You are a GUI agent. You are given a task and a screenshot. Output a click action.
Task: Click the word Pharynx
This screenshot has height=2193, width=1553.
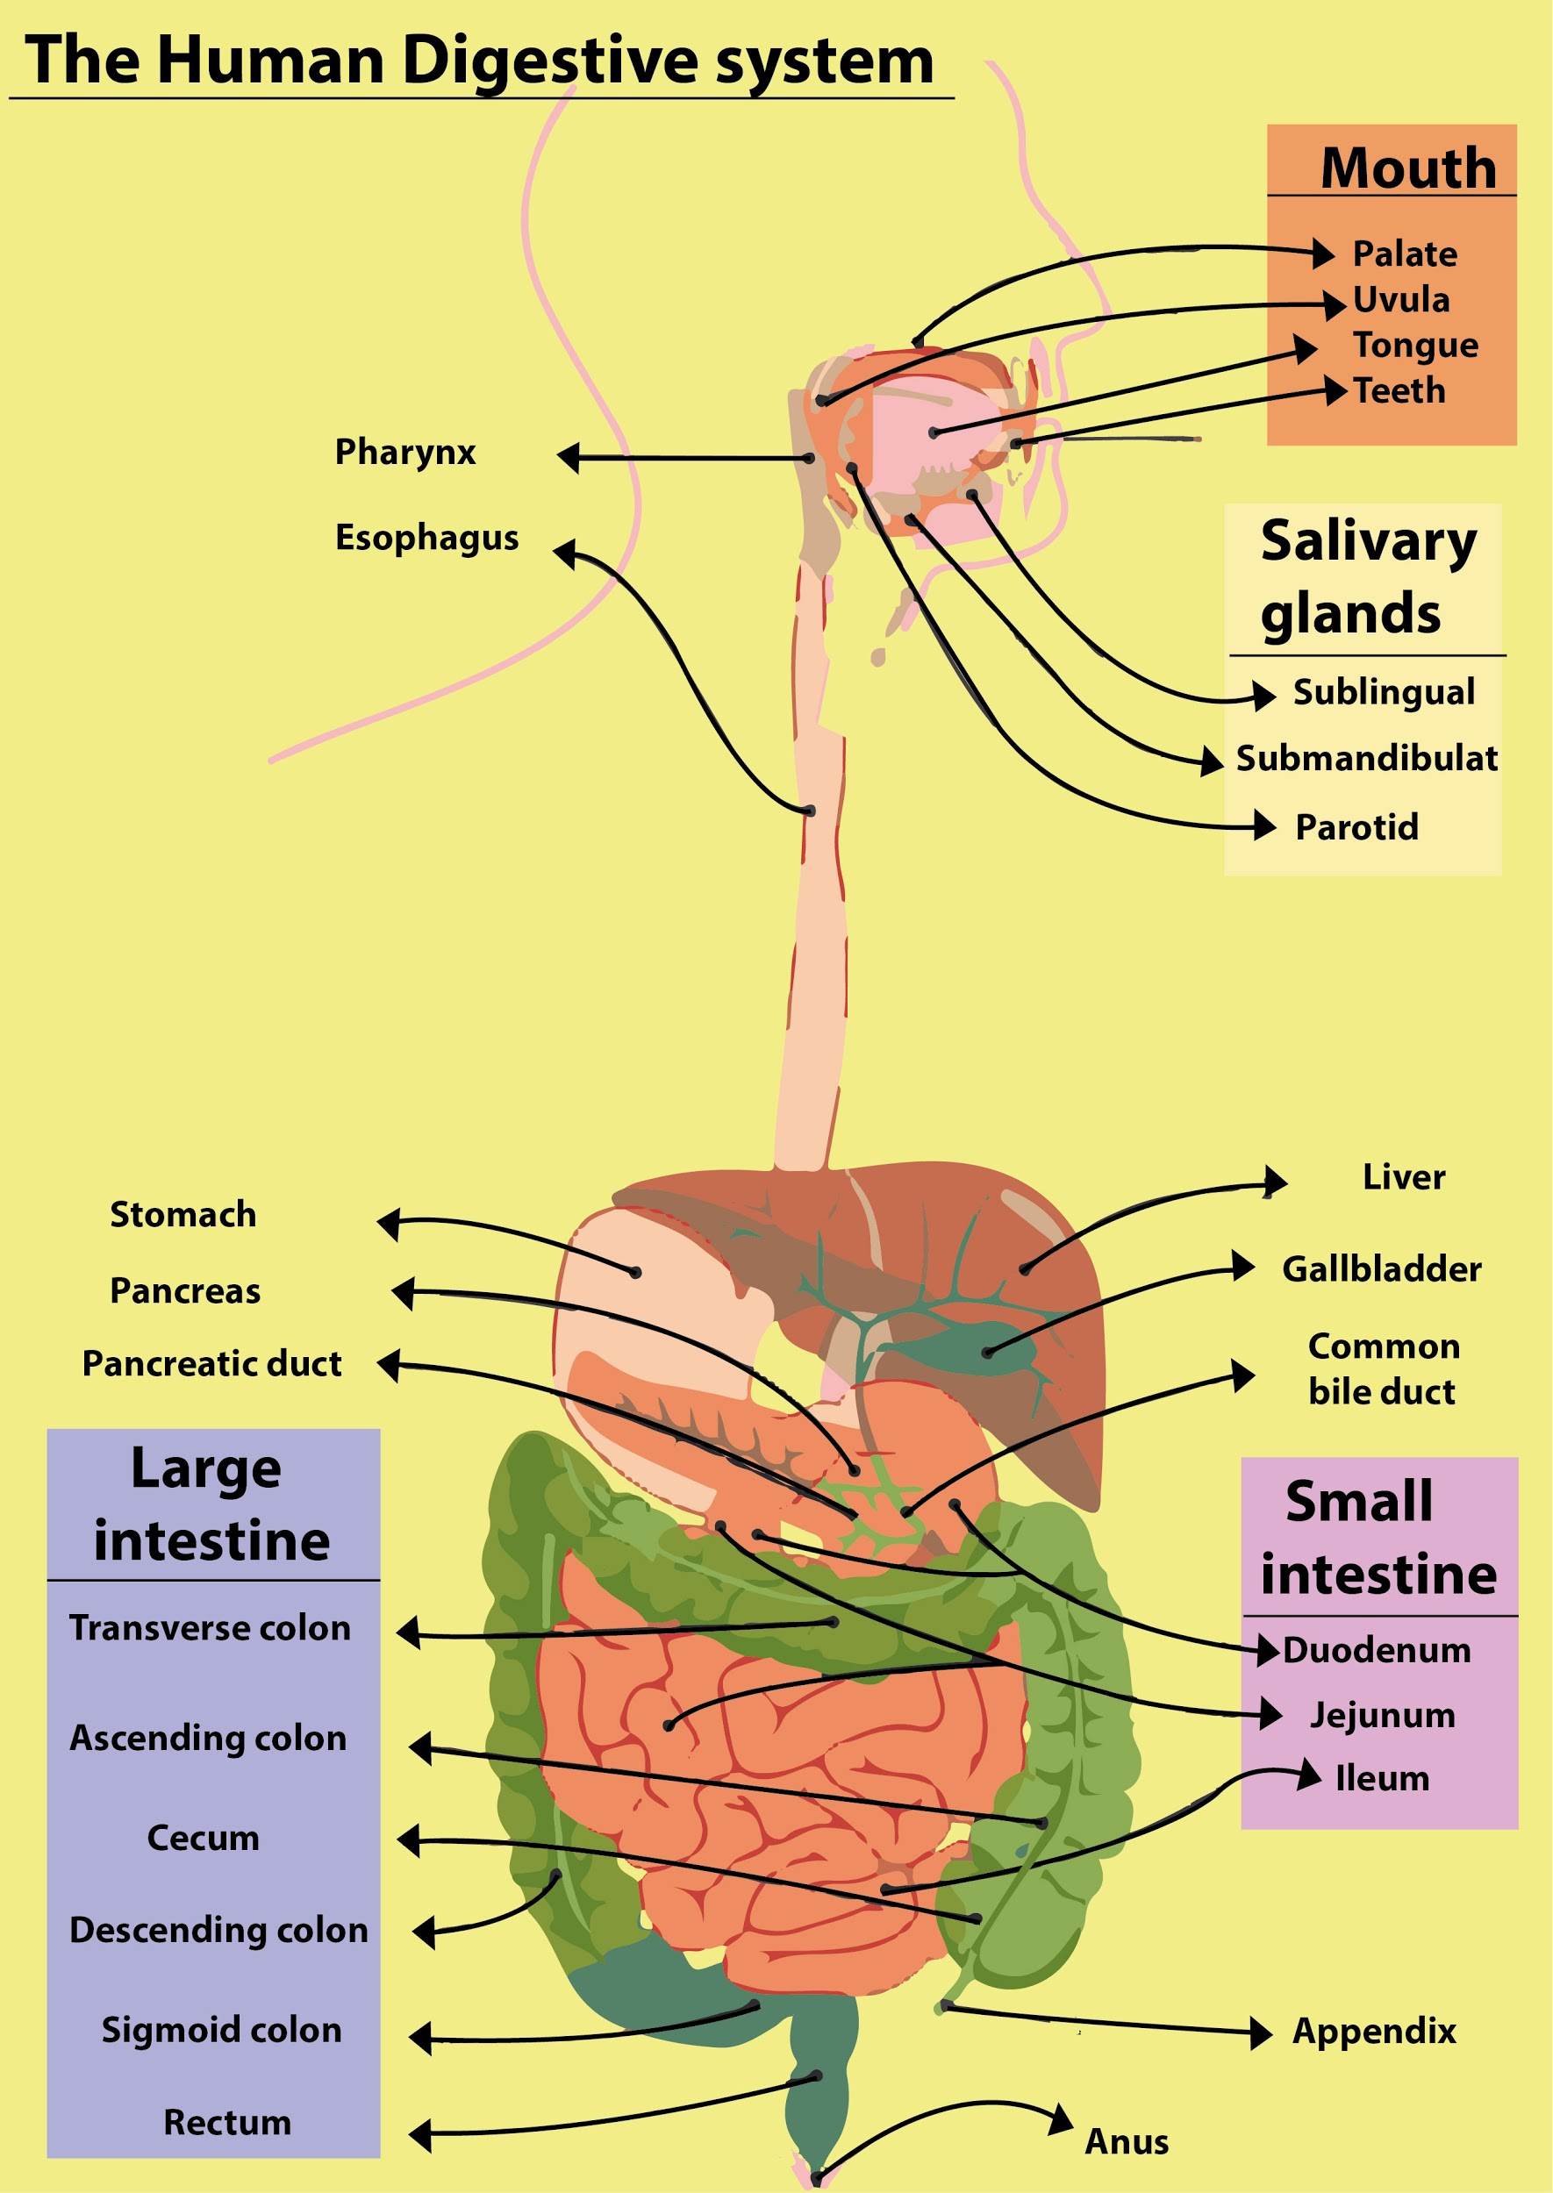404,452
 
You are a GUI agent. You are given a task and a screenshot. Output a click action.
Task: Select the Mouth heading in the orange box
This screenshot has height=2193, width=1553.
1407,168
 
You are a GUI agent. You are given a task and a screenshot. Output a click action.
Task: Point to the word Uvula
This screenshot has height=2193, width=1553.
1401,300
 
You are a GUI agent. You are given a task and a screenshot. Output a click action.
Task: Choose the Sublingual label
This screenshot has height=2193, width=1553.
1384,692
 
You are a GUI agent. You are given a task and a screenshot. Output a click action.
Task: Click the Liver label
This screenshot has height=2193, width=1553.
1404,1178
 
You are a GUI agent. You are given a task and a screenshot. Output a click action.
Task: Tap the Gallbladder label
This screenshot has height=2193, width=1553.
1382,1269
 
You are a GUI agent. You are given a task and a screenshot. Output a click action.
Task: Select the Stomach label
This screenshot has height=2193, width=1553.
183,1215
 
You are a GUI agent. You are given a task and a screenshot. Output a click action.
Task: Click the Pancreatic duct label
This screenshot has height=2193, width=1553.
212,1364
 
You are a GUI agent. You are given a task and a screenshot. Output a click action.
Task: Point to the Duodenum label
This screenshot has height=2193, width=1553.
1377,1651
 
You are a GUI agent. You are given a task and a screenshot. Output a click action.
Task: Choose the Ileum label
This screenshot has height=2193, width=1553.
1382,1779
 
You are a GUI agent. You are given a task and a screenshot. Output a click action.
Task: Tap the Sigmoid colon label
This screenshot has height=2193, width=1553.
222,2031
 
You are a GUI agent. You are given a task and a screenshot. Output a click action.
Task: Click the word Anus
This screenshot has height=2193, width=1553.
1127,2142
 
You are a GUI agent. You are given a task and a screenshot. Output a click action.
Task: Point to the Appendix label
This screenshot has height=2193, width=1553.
1374,2032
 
